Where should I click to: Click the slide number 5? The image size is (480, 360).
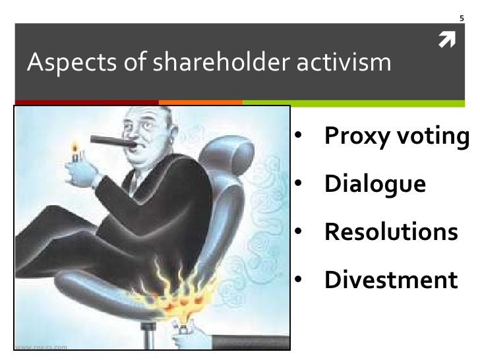(x=462, y=16)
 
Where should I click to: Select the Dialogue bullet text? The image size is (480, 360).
(x=374, y=185)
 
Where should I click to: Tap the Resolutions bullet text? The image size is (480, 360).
(x=390, y=232)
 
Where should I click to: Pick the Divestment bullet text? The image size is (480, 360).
(x=390, y=280)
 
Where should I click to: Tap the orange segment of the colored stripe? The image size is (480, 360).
(x=201, y=102)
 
